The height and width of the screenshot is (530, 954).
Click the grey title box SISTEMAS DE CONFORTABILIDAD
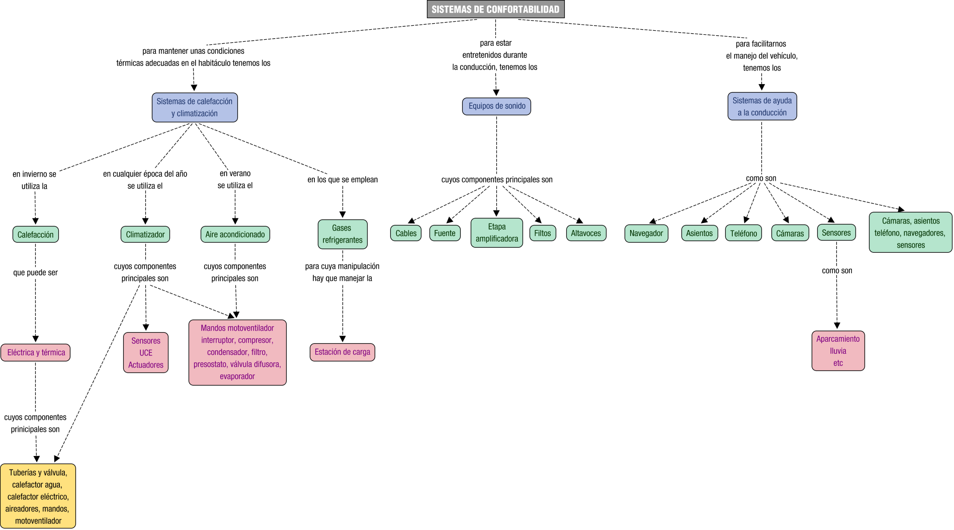(495, 10)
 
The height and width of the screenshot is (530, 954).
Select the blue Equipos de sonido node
(496, 106)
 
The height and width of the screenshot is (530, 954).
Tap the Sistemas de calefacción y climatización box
(195, 107)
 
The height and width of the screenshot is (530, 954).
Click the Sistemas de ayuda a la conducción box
(761, 107)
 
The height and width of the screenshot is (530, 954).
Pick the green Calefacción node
(35, 235)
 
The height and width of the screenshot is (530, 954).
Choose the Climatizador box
(145, 235)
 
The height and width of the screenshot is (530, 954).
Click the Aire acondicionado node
(235, 235)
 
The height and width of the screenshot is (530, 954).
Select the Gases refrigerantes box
(342, 234)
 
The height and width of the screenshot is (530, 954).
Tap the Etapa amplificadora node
(496, 233)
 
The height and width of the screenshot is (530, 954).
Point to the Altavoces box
(586, 234)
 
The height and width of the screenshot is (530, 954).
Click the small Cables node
(405, 234)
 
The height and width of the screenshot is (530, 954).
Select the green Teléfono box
(743, 234)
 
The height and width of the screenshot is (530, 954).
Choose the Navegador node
(646, 234)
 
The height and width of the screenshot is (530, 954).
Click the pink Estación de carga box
(342, 352)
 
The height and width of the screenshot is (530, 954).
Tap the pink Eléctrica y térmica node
(36, 353)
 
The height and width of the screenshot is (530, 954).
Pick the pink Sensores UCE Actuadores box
(146, 353)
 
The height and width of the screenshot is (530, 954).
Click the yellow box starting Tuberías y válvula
(38, 496)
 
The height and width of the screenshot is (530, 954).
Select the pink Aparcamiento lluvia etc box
(838, 351)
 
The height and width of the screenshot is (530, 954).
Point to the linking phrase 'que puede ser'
(35, 273)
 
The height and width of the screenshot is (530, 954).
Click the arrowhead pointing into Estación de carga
(342, 339)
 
